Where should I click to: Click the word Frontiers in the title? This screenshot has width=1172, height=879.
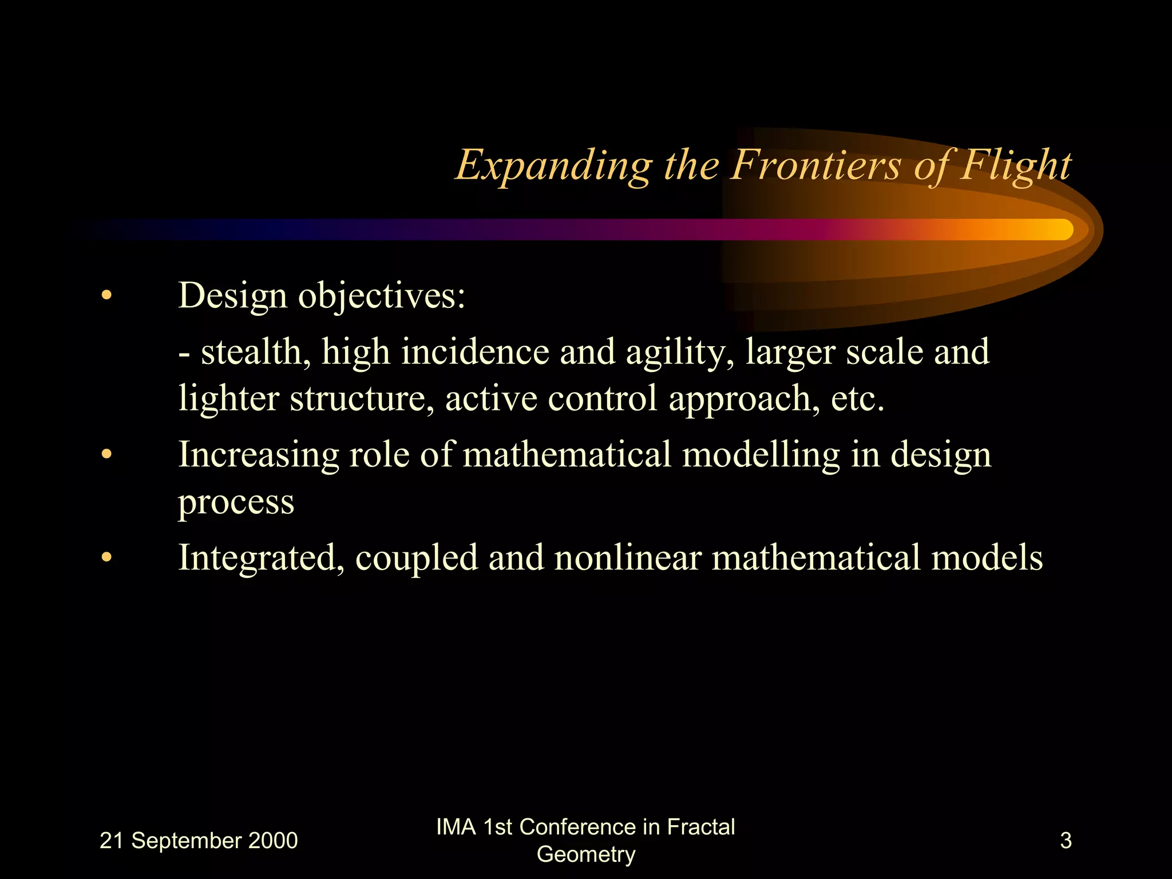pos(815,166)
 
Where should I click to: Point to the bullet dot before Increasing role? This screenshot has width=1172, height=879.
pos(106,454)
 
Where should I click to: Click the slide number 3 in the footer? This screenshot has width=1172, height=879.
pos(1066,841)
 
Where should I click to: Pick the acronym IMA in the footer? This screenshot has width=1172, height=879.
pos(456,827)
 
